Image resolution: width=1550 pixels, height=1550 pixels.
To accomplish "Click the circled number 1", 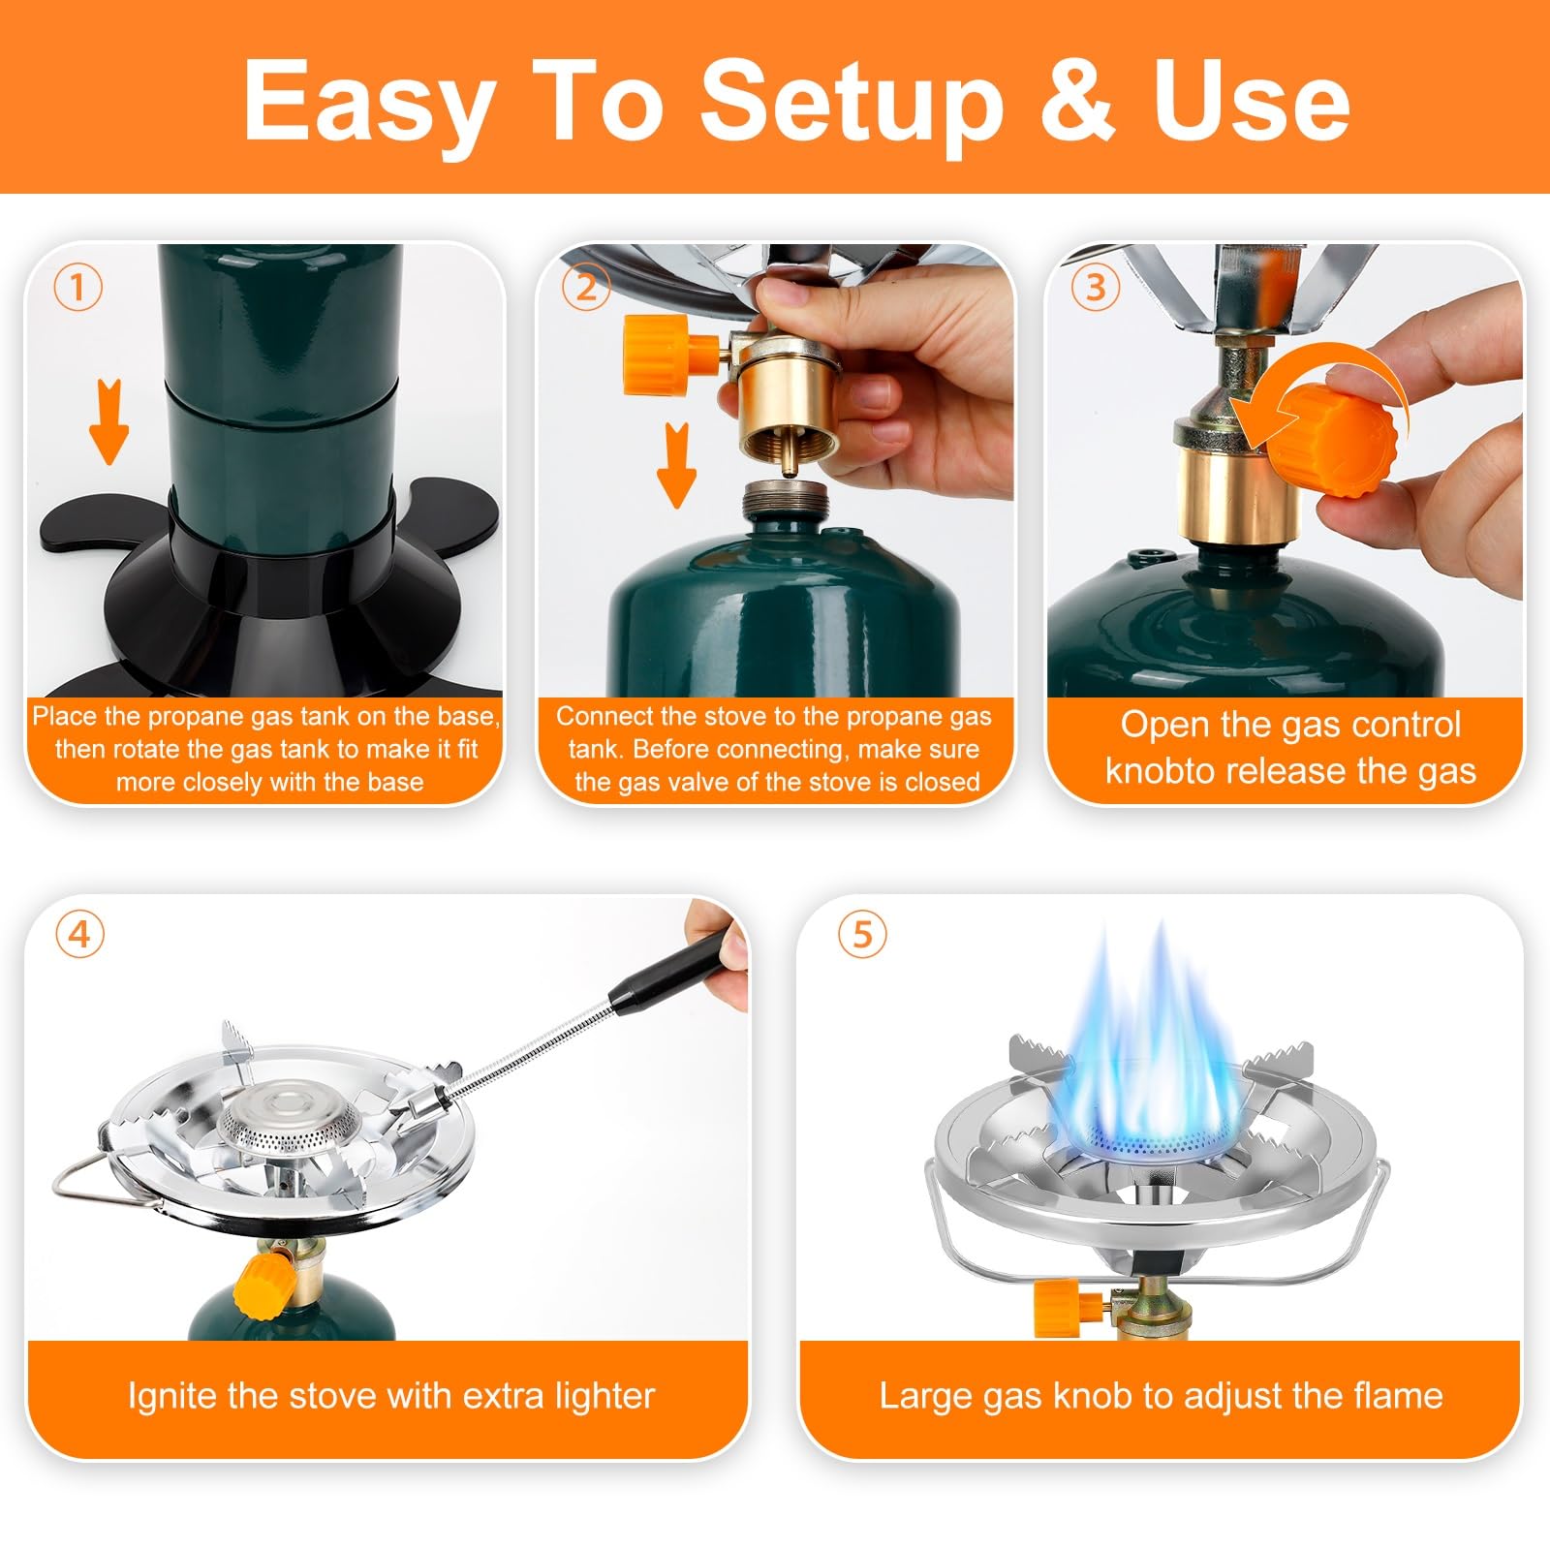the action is point(77,287).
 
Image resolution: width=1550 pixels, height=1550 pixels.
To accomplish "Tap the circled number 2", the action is point(586,287).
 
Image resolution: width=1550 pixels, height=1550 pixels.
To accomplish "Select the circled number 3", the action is point(1096,287).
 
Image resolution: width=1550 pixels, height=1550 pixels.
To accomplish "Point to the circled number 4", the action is point(79,934).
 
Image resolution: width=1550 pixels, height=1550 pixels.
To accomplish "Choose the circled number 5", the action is point(862,934).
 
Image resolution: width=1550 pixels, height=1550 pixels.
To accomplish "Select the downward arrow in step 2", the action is point(676,465).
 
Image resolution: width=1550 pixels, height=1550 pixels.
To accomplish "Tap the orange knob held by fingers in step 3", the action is point(1339,442).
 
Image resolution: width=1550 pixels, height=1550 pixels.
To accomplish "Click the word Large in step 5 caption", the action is point(922,1397).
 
